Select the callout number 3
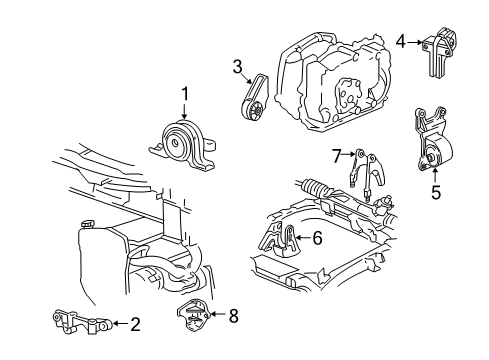click(x=237, y=67)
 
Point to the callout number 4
click(x=400, y=41)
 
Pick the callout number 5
click(x=435, y=192)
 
